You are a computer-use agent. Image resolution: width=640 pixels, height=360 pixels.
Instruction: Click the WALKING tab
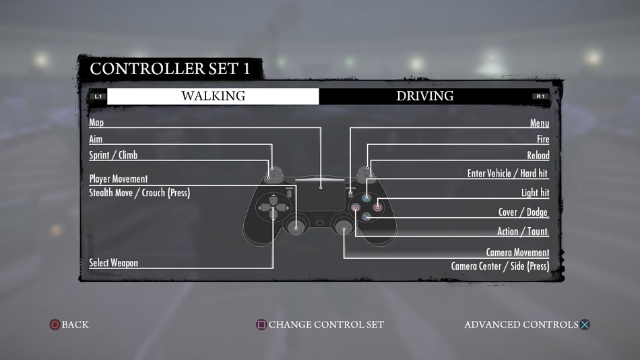[213, 96]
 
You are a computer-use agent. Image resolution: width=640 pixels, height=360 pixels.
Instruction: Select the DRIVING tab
[424, 96]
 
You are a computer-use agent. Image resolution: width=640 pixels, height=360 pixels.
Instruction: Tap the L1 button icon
[98, 96]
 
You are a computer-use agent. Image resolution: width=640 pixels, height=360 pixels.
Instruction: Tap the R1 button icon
[540, 96]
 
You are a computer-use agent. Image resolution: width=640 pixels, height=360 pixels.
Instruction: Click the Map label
[96, 123]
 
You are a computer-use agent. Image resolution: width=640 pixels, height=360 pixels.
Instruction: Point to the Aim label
[96, 139]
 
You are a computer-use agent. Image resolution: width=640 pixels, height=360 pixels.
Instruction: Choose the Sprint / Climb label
[113, 155]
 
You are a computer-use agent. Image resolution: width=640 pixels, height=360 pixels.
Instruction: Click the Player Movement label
[118, 179]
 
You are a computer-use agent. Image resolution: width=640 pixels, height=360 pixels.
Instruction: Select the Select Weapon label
[113, 263]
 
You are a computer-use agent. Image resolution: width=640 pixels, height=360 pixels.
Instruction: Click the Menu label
[540, 123]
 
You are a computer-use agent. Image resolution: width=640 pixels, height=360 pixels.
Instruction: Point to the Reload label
[538, 156]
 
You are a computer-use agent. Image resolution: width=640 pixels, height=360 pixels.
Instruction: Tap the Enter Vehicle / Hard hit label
[508, 174]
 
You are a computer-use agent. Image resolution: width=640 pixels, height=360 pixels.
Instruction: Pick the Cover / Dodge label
[523, 212]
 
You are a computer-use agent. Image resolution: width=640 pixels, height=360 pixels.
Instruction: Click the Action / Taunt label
[522, 232]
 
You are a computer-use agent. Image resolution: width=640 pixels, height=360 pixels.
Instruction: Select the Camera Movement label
[517, 253]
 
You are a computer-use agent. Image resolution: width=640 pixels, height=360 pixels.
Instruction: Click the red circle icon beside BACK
[55, 325]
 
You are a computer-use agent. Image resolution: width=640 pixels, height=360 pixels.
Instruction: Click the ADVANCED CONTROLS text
[521, 325]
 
